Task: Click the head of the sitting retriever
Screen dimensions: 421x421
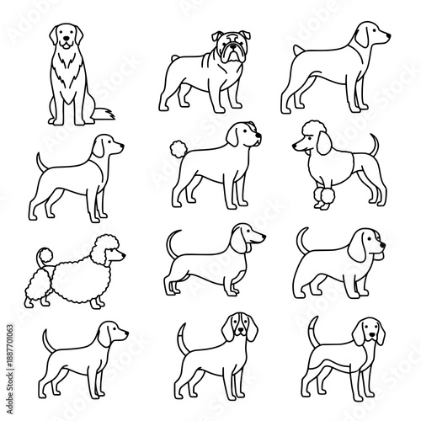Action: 63,35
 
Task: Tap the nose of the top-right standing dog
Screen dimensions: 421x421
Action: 388,36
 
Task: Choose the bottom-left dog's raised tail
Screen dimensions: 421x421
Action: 49,338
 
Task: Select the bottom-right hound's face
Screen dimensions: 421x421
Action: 370,328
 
